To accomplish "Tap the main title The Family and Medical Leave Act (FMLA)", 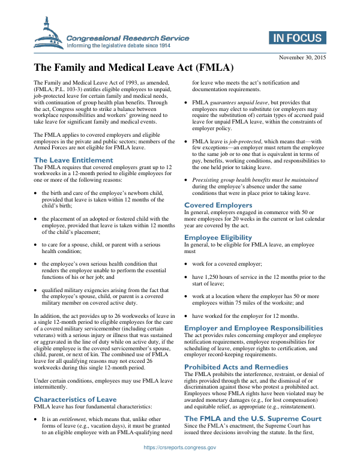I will click(133, 68).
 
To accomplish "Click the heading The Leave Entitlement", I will click(73, 160).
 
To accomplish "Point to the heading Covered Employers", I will click(218, 205).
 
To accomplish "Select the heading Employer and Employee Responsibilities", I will click(253, 328).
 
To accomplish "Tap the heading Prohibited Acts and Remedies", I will click(236, 366).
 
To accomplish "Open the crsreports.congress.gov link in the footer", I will click(180, 447).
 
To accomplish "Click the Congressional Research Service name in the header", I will click(128, 38).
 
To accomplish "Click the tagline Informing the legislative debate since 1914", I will click(127, 46).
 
